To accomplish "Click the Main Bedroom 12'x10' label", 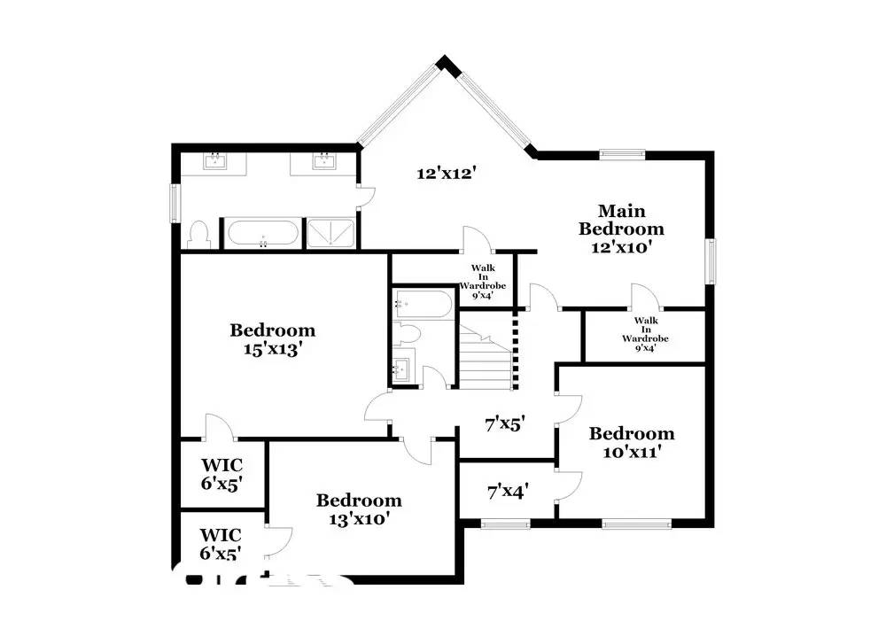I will point(621,229).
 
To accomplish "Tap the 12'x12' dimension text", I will point(447,174).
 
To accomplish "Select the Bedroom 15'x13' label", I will point(272,339).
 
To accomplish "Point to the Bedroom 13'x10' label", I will point(359,510).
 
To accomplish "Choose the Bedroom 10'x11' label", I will point(631,442).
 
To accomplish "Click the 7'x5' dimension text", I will point(506,424).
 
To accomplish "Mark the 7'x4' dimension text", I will point(508,490).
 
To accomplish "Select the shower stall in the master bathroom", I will point(331,233).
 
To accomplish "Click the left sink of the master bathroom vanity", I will point(215,161).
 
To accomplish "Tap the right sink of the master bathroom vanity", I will point(324,161).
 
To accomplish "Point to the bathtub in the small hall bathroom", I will point(423,303).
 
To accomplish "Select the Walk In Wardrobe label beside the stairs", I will point(482,282).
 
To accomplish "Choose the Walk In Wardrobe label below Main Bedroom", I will point(644,334).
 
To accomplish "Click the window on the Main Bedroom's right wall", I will point(710,261).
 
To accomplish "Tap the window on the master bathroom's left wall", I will point(175,204).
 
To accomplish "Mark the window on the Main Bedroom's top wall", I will point(623,154).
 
